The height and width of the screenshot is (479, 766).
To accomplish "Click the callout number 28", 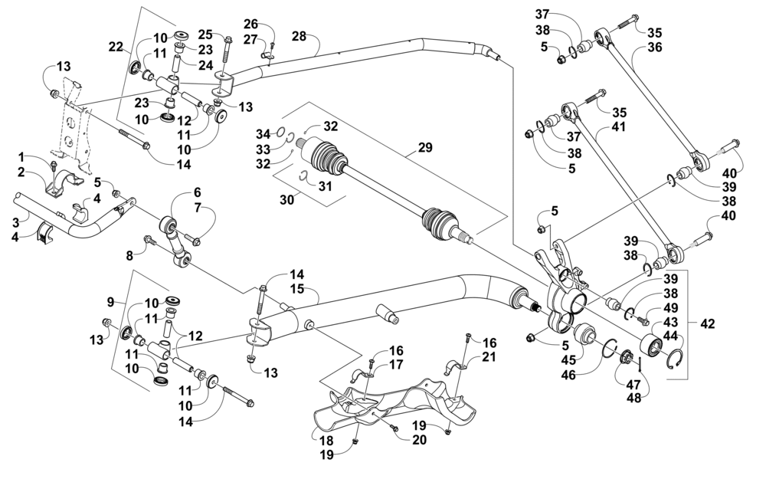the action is [x=299, y=36].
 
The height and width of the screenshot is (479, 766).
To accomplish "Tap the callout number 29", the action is [x=425, y=147].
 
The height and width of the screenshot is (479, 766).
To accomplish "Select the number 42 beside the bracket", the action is [x=707, y=323].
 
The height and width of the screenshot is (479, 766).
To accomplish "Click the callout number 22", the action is [x=116, y=47].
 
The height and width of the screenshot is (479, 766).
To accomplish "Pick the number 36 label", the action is [x=655, y=48].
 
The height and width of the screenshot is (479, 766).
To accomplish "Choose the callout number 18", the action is [x=326, y=440].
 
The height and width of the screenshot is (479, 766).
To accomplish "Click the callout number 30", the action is [x=287, y=199].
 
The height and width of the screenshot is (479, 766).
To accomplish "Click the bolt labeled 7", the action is [x=195, y=241].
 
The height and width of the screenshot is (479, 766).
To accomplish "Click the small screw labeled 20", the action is [x=396, y=428].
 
